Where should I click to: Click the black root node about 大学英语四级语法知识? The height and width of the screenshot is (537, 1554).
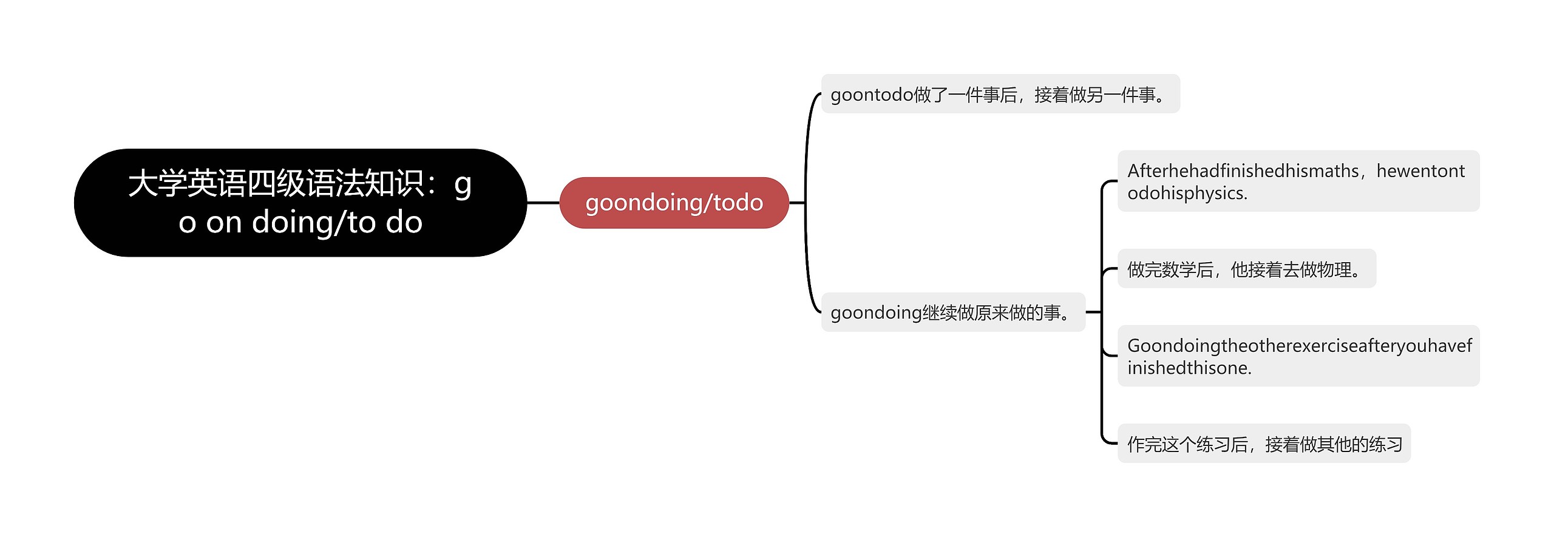(x=300, y=203)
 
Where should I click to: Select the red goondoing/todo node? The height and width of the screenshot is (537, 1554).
(x=674, y=203)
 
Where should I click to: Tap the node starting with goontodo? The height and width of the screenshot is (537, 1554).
(x=1000, y=94)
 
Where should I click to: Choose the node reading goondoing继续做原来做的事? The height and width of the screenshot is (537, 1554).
(x=952, y=312)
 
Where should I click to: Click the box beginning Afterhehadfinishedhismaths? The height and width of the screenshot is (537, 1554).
(x=1298, y=181)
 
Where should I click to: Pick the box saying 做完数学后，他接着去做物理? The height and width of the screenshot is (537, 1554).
(x=1246, y=269)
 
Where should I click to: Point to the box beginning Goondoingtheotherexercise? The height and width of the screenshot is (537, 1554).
(x=1298, y=356)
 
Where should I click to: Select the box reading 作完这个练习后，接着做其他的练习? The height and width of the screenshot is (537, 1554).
(x=1264, y=444)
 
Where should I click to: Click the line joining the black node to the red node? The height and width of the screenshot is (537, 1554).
(x=543, y=203)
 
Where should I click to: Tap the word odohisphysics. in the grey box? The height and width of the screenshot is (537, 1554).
(x=1187, y=193)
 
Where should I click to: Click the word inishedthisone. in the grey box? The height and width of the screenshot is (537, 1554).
(x=1189, y=368)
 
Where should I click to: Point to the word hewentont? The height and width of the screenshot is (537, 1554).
(x=1420, y=171)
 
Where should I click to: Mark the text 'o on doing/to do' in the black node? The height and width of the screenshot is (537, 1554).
(x=300, y=222)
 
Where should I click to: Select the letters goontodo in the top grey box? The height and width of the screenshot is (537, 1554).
(x=872, y=95)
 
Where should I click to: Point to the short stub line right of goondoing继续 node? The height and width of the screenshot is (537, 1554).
(x=1093, y=312)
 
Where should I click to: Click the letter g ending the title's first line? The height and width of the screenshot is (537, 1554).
(x=463, y=184)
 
